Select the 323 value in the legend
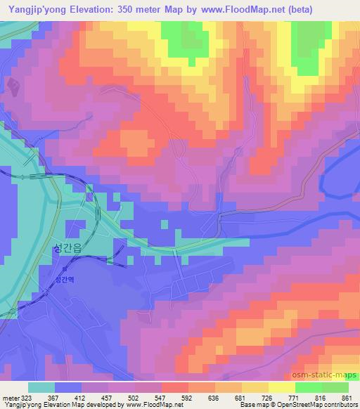pos(26,397)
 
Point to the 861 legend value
pos(347,397)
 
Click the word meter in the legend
pos(10,397)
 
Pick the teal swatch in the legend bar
pos(41,387)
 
